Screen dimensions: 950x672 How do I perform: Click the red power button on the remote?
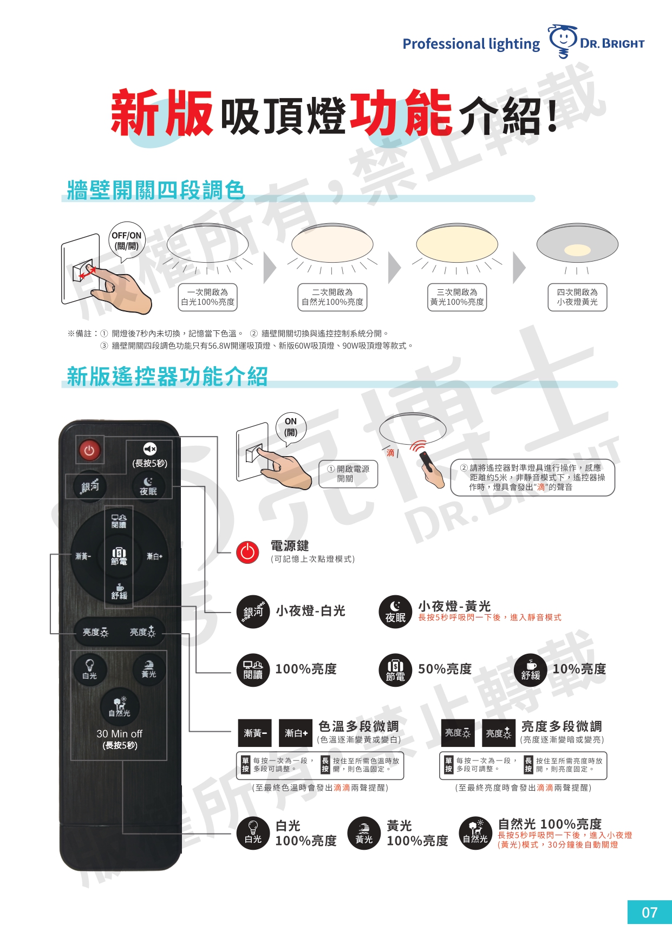coord(90,450)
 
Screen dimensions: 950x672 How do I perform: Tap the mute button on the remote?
coord(150,449)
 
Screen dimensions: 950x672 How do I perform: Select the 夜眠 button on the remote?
coord(148,486)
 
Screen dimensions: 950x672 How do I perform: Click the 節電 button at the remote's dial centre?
coord(119,556)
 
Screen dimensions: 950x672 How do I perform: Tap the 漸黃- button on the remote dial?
coord(83,556)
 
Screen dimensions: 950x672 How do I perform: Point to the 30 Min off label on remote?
coord(119,733)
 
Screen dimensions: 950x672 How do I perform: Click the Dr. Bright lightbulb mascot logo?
coord(563,41)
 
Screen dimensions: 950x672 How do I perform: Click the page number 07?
coord(649,912)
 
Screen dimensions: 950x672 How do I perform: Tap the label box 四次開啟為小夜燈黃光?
coord(577,297)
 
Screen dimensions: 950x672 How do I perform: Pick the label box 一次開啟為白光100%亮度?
coord(208,297)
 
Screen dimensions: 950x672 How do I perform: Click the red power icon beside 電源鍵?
coord(247,552)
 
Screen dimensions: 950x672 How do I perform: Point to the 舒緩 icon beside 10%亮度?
coord(531,670)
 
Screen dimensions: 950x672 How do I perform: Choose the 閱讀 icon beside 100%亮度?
coord(253,670)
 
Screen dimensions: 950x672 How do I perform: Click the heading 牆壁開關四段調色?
coord(156,190)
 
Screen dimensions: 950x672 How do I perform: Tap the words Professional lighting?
coord(471,44)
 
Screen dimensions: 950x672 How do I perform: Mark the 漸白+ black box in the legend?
coord(296,733)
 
